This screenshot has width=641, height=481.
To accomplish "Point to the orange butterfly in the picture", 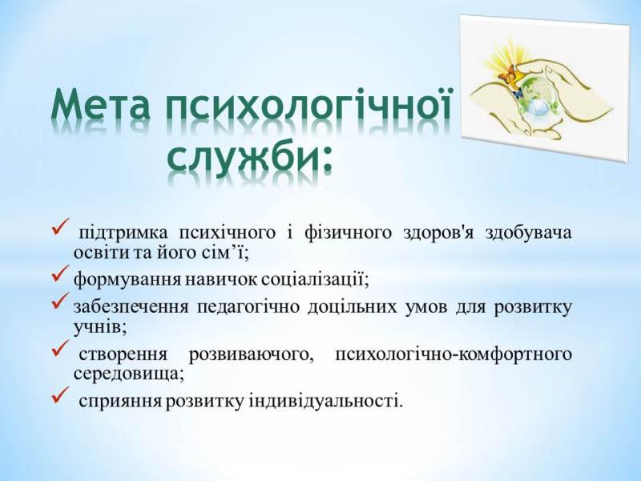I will [x=507, y=75].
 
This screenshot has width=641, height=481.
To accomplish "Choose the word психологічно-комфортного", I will [x=454, y=354].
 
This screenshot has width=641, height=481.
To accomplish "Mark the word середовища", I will [x=128, y=374].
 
